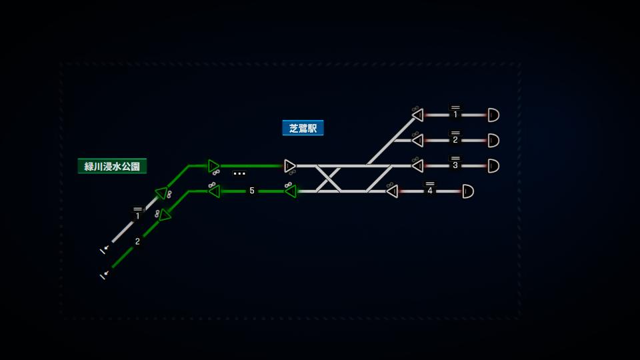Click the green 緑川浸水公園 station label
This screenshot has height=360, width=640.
[112, 166]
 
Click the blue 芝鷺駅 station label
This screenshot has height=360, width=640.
[303, 128]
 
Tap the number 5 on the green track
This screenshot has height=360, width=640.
[252, 191]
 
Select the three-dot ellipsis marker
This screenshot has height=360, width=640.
[239, 173]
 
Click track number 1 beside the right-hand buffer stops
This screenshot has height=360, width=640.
[455, 115]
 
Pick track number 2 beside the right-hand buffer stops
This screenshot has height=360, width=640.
[455, 140]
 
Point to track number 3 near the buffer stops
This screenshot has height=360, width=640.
[455, 165]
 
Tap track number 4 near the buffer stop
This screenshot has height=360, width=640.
[430, 191]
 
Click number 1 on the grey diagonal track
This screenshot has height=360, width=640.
[138, 216]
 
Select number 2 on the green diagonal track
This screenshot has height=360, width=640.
[138, 241]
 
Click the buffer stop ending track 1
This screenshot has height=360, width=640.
[493, 115]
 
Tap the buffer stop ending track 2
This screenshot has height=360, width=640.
[493, 140]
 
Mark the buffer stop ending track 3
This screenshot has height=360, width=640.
[493, 165]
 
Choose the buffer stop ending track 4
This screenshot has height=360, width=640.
[468, 191]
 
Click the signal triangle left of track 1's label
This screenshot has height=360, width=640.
[418, 115]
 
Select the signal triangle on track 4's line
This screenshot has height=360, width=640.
[392, 191]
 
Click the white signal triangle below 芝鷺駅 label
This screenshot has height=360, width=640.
[289, 165]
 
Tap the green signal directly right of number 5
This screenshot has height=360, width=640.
[290, 191]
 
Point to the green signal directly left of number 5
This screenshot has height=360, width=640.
[214, 191]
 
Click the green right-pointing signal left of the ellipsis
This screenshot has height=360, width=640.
[213, 165]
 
